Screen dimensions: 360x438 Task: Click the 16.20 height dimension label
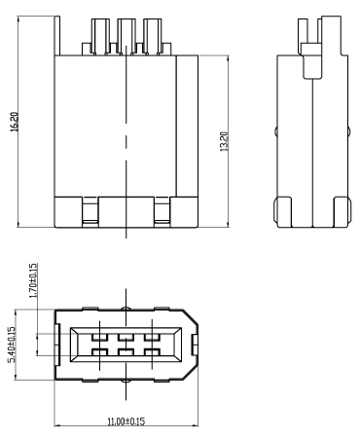coord(15,122)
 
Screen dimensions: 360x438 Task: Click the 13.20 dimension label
coord(224,141)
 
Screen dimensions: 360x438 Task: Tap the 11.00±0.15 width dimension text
coord(126,421)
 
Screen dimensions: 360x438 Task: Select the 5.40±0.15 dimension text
coord(12,345)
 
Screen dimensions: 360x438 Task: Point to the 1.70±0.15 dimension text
coord(33,280)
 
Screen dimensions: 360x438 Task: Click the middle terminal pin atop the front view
coord(126,36)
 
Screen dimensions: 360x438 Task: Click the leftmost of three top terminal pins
coord(100,36)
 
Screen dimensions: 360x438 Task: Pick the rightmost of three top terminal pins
coord(152,36)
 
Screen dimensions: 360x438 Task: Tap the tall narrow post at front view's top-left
coord(57,35)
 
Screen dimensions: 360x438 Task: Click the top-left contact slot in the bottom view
coord(99,337)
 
